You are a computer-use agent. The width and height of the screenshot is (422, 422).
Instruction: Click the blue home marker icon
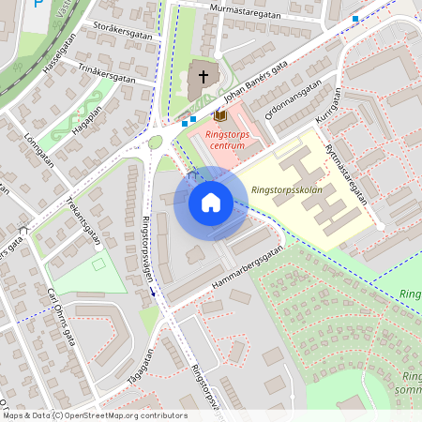click(x=210, y=203)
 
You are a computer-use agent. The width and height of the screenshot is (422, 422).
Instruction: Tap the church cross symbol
click(x=203, y=76)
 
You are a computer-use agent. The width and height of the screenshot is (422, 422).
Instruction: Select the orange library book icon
click(x=221, y=115)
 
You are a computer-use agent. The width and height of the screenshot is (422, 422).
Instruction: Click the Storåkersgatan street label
click(x=123, y=34)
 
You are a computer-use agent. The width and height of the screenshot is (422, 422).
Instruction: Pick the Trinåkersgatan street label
click(x=107, y=76)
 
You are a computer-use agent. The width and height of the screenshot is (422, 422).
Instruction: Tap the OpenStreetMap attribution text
click(x=95, y=415)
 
